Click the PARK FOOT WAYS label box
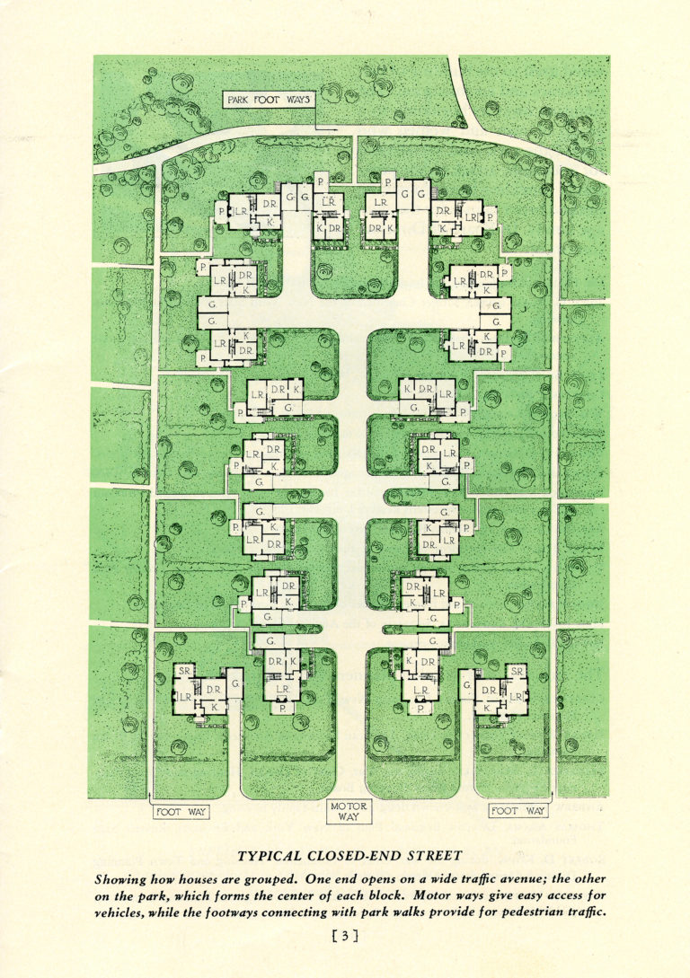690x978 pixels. (268, 101)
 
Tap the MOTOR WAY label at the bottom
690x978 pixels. (349, 812)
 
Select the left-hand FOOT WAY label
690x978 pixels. (181, 812)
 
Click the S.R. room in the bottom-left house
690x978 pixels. (186, 671)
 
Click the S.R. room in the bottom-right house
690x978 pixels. (517, 671)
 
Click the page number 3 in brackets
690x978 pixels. (345, 937)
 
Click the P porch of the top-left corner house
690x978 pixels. (221, 212)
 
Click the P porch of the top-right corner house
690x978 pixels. (491, 216)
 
